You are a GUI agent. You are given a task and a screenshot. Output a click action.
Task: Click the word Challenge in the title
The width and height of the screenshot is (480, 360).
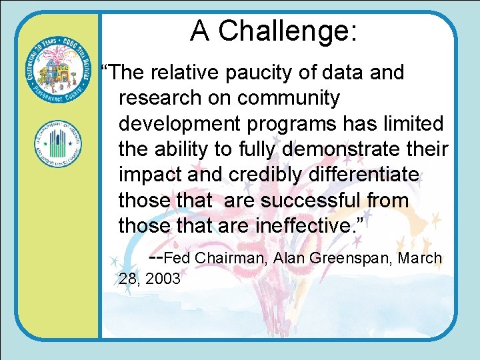point(288,31)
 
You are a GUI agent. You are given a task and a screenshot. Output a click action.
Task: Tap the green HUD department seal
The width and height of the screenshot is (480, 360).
point(57,143)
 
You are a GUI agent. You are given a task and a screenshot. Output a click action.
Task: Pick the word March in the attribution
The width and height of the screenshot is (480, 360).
point(419,258)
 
